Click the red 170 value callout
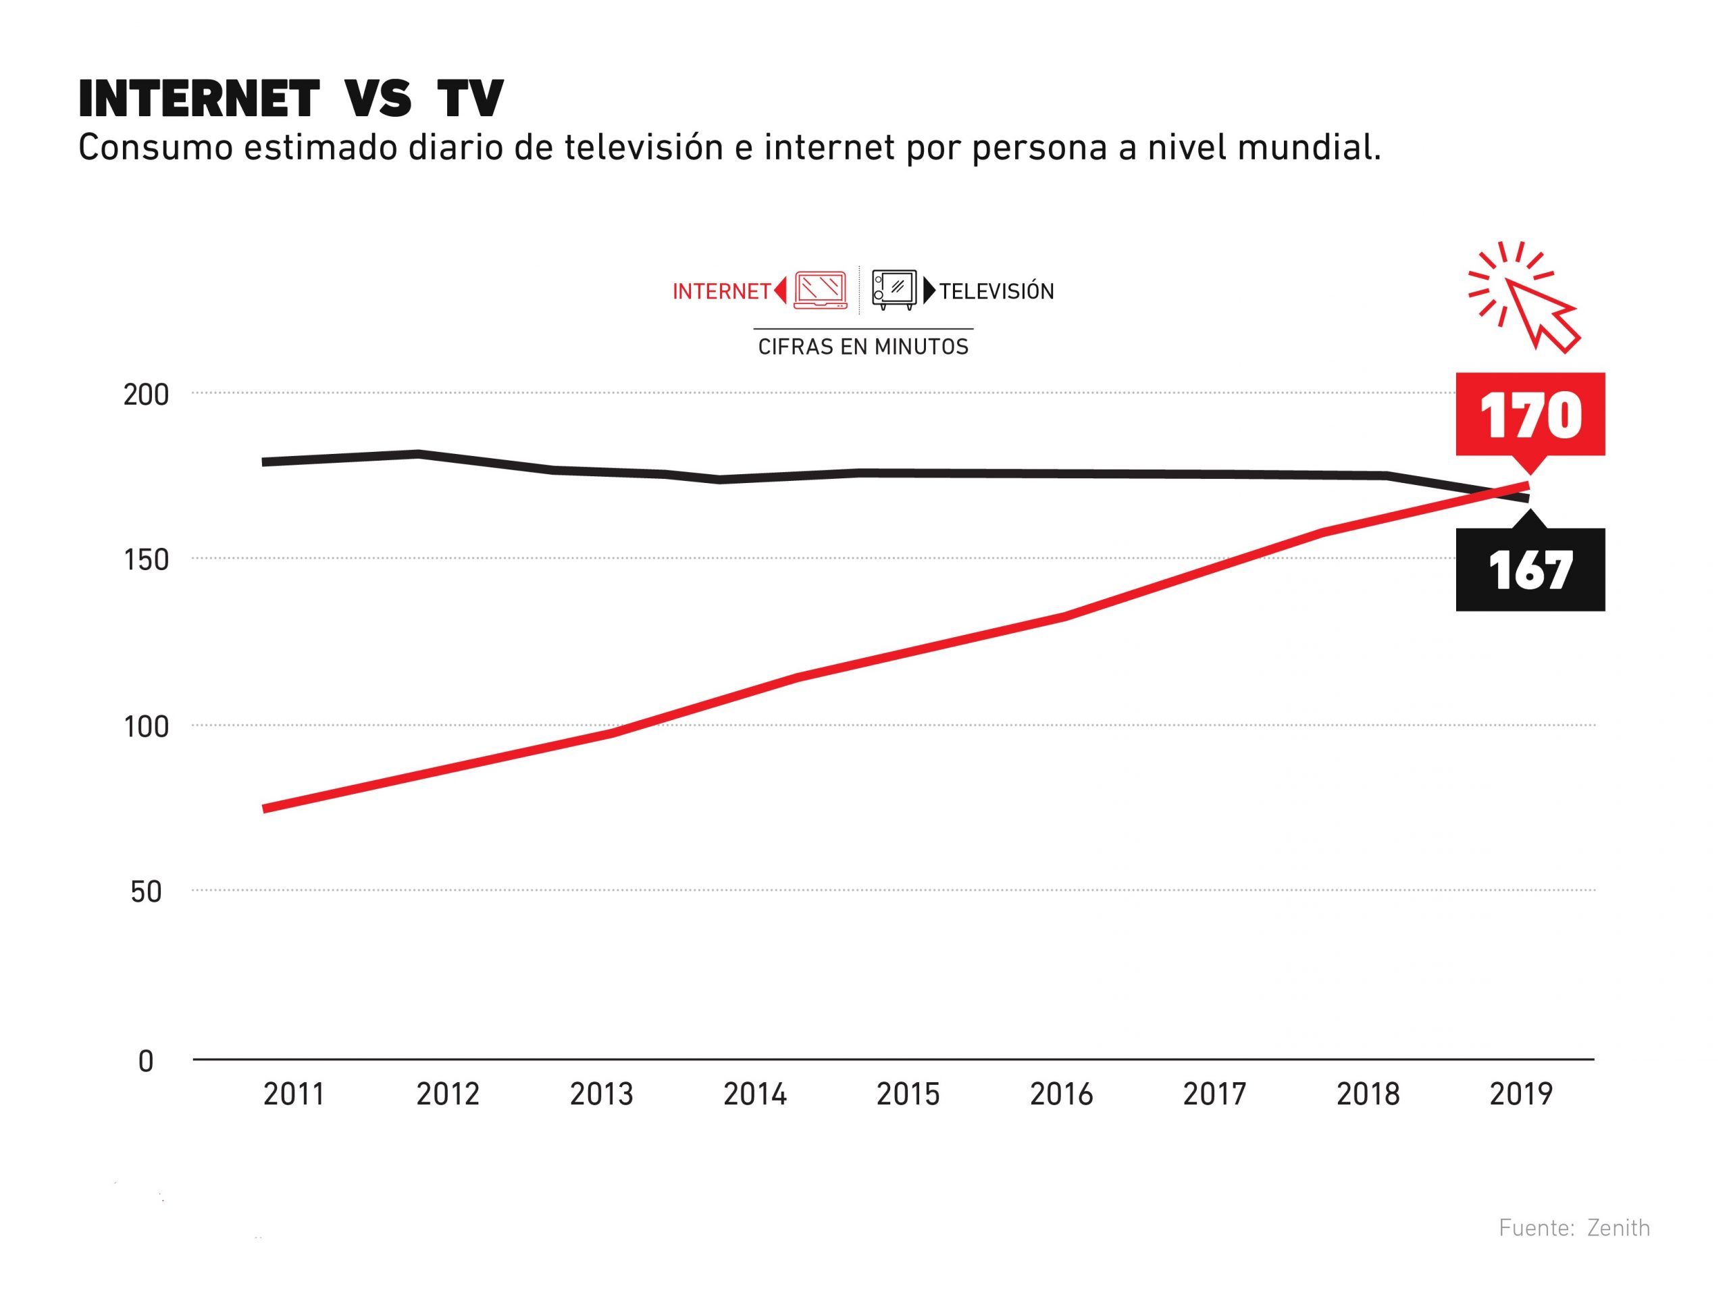[1530, 414]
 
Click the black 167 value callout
[1530, 570]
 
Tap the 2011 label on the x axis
[294, 1094]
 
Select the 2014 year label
[754, 1094]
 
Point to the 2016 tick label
[1060, 1094]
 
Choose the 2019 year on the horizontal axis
[1520, 1094]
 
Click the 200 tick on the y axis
[146, 395]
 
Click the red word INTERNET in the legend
[721, 292]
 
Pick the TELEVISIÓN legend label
[997, 292]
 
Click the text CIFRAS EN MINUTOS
[863, 347]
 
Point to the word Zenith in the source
[1618, 1228]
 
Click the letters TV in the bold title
[470, 99]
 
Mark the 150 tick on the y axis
[146, 560]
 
